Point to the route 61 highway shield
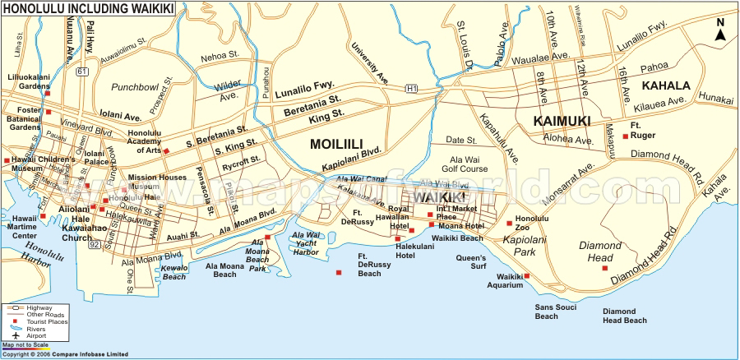click(x=81, y=72)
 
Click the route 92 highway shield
click(x=95, y=244)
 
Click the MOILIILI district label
click(x=336, y=144)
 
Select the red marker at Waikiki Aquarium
click(x=527, y=275)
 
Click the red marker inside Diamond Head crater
click(x=605, y=268)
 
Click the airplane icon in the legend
click(x=12, y=335)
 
